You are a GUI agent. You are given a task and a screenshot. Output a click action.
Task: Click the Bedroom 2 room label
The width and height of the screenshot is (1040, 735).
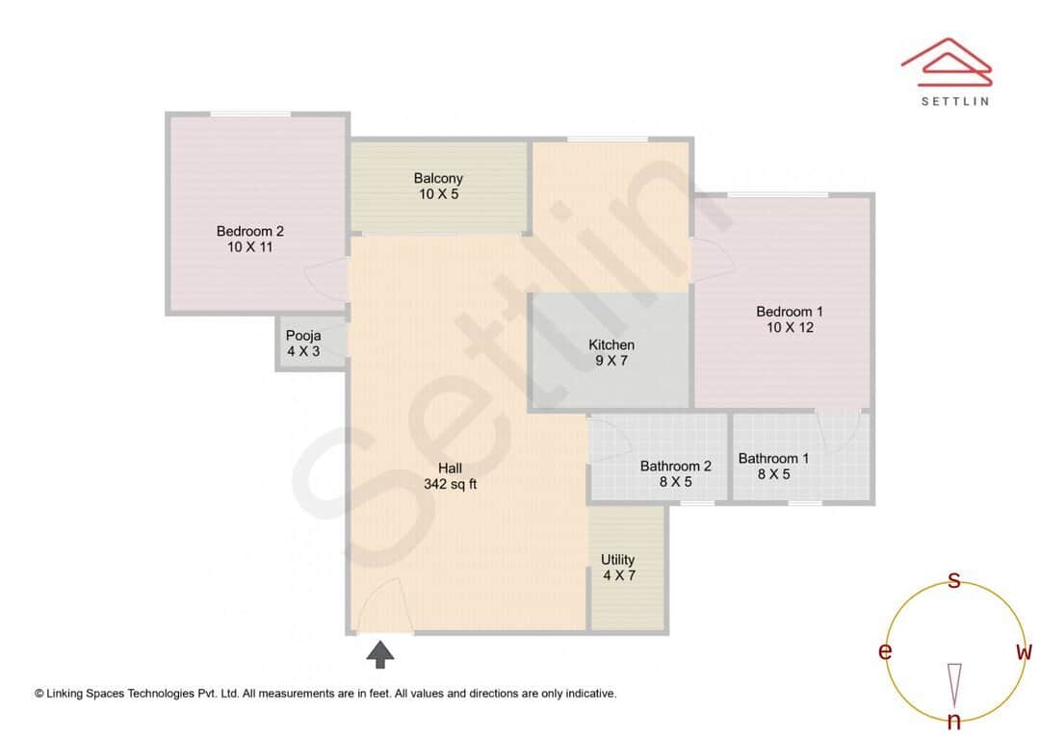[x=249, y=231]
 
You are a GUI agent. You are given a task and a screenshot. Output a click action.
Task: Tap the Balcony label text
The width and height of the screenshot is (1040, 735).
[x=438, y=178]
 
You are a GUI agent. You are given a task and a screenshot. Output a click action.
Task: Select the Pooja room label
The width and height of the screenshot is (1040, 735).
[x=302, y=336]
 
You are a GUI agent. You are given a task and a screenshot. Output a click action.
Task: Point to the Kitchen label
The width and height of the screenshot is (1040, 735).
[x=611, y=344]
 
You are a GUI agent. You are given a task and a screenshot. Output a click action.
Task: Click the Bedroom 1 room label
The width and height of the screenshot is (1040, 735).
[x=790, y=312]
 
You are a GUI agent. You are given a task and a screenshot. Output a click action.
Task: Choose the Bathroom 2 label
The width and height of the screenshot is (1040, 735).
[x=675, y=467]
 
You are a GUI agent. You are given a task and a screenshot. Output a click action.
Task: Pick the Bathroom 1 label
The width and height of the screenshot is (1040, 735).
[x=773, y=458]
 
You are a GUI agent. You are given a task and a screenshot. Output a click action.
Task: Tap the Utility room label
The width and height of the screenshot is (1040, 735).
[x=617, y=559]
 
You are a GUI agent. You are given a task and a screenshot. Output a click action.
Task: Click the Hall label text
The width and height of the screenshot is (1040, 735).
[x=451, y=469]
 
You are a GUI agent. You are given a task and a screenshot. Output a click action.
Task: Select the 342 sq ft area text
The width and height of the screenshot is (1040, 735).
[x=451, y=485]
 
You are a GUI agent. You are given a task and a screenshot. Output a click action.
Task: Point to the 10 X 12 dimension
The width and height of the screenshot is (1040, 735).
[x=790, y=328]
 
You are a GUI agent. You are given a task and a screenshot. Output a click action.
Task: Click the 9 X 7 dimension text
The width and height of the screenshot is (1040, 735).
[x=611, y=361]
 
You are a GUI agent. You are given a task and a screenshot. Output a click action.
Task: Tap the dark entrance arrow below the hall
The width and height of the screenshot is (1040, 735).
[x=381, y=654]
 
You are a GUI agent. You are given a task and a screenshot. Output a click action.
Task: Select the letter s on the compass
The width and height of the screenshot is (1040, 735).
[x=954, y=580]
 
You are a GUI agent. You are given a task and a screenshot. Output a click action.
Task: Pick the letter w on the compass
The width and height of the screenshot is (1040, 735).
[x=1024, y=652]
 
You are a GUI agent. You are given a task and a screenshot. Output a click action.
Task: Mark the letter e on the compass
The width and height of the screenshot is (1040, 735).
[x=884, y=652]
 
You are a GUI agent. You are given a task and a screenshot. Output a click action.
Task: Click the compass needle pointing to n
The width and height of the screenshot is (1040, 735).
[x=954, y=684]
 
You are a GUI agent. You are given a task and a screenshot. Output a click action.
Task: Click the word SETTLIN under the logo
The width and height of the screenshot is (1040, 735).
[x=954, y=101]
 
